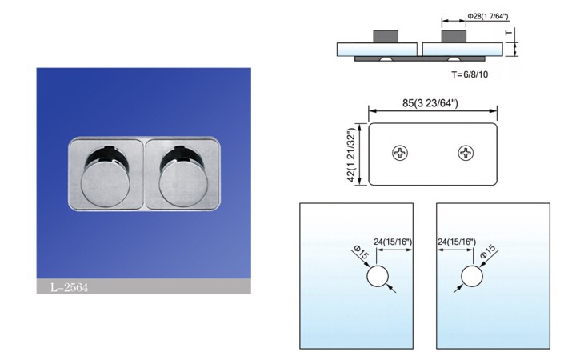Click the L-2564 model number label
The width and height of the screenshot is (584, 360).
tap(70, 287)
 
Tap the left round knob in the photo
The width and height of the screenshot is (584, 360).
tap(106, 184)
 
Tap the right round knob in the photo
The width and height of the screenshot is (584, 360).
tap(183, 184)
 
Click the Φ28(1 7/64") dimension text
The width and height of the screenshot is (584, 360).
tap(488, 16)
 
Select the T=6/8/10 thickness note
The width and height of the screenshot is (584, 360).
tap(470, 74)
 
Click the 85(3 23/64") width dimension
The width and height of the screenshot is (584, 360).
tap(430, 103)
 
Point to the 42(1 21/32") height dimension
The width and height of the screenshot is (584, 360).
tap(351, 155)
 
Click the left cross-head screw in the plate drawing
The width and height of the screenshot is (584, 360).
tap(400, 153)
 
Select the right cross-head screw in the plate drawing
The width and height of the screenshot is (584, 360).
tap(466, 153)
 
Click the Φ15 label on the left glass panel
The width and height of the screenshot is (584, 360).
tap(361, 252)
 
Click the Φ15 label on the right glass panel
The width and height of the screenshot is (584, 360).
tap(488, 251)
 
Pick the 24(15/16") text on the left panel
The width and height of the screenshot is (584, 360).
tap(393, 242)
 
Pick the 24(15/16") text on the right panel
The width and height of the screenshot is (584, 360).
tap(457, 242)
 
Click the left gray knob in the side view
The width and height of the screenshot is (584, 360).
tap(386, 37)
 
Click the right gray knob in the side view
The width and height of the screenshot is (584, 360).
tap(454, 37)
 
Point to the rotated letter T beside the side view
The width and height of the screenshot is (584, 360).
tap(509, 33)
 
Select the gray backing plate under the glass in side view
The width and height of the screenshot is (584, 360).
tap(420, 59)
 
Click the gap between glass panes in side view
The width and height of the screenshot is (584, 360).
tap(420, 50)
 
